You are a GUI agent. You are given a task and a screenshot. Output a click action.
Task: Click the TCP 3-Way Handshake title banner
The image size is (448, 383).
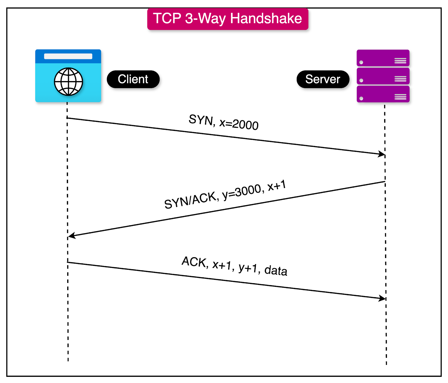point(228,19)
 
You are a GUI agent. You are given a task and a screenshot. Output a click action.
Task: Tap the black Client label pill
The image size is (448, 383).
point(133,79)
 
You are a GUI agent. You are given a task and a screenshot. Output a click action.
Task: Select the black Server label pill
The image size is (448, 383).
point(323,79)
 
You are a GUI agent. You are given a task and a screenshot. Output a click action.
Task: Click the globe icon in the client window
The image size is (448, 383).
point(68,82)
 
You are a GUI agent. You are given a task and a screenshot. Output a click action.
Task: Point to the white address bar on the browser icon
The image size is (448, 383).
point(68,56)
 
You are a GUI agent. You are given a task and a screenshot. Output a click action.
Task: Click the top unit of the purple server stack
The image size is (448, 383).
point(383,58)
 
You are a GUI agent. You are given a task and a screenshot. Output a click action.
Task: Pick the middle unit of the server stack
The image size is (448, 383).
point(383,76)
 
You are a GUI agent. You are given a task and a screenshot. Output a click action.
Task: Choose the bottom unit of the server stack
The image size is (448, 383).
point(383,94)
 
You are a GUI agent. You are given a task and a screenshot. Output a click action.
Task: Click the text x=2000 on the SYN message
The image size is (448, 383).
point(239,124)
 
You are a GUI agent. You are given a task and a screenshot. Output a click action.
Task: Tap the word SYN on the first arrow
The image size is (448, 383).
point(201,120)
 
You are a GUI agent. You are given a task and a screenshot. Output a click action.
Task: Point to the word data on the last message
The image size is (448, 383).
point(276,270)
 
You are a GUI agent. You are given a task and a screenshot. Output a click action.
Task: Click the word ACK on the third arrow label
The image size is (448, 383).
point(194,262)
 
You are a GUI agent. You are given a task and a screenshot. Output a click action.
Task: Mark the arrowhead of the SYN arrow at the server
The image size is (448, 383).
point(382,154)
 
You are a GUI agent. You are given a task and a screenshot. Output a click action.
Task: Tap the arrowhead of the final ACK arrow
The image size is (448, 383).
point(382,298)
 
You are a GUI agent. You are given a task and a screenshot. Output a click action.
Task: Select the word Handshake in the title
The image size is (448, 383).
point(266,18)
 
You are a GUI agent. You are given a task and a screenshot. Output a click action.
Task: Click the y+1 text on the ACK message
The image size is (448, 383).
point(248,268)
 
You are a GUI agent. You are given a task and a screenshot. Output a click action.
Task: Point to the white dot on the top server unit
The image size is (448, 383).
point(361,62)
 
